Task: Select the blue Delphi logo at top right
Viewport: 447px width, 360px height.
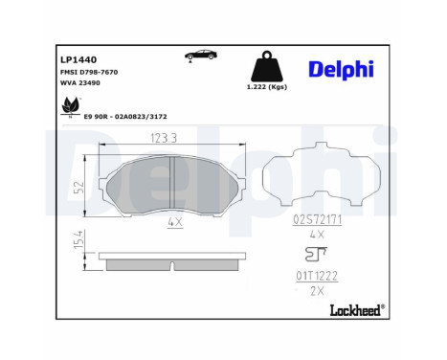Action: pyautogui.click(x=341, y=69)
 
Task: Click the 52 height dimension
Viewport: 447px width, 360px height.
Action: pyautogui.click(x=85, y=185)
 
